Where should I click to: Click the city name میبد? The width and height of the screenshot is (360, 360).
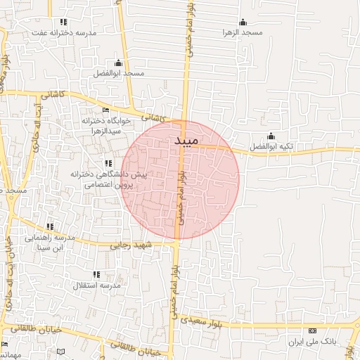[187, 141]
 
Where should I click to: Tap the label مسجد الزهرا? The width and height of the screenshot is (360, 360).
[243, 32]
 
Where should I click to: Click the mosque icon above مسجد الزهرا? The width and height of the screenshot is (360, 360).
[243, 22]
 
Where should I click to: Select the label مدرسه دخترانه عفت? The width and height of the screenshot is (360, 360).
[65, 32]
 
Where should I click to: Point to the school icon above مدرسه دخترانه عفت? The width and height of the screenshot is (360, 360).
[63, 22]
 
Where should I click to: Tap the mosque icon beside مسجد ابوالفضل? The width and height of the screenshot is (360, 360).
[117, 63]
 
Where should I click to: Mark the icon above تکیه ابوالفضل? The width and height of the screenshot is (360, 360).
[271, 136]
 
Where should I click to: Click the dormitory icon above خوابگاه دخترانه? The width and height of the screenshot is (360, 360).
[105, 110]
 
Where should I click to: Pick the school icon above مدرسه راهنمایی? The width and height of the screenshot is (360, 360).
[50, 226]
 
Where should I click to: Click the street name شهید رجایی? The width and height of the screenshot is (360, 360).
[130, 246]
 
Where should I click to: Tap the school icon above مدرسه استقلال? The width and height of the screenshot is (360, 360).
[96, 274]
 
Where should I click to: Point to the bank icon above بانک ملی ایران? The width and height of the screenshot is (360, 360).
[313, 330]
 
